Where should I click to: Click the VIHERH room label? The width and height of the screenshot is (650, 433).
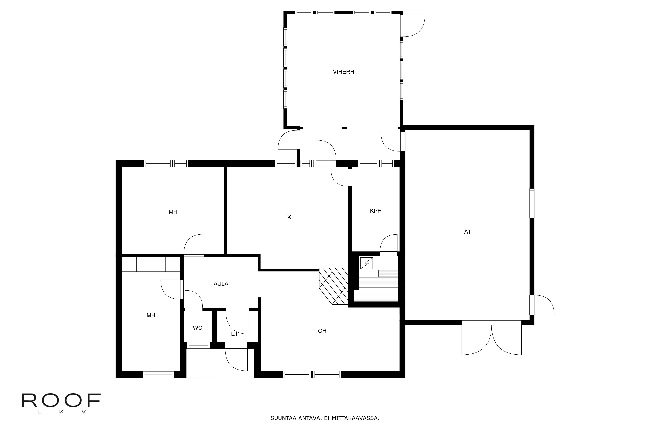tap(344, 72)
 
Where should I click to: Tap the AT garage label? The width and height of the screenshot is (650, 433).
tap(468, 232)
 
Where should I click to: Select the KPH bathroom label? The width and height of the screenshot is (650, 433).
tap(376, 211)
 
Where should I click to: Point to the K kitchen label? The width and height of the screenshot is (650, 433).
tap(289, 217)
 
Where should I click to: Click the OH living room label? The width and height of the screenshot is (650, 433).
tap(322, 331)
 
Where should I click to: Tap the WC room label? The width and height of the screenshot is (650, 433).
tap(198, 328)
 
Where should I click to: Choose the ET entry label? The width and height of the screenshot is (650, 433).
tap(234, 334)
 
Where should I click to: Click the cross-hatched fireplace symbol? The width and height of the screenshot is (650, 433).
tap(334, 286)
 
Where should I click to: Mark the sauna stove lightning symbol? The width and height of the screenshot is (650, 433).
tap(366, 263)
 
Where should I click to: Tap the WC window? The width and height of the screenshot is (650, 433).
tap(198, 345)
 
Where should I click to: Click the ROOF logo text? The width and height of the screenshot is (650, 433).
tap(61, 401)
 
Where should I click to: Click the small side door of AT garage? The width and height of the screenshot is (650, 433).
tap(542, 305)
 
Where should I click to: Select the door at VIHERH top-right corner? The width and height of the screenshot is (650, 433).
tap(413, 26)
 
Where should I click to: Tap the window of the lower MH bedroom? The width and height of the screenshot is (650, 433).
tap(158, 375)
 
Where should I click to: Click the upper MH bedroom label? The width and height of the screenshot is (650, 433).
tap(173, 212)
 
